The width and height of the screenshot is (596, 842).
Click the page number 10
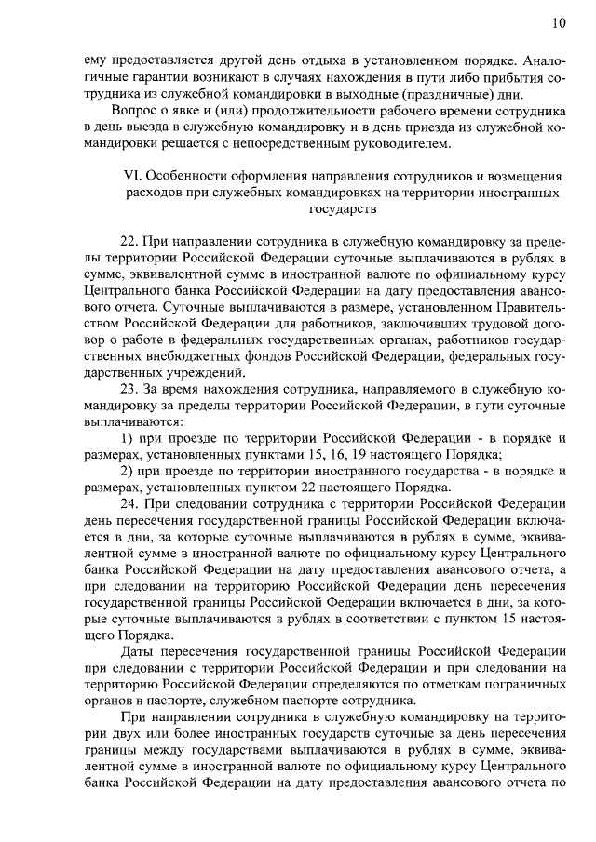click(557, 22)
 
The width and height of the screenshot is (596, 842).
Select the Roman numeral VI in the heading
click(133, 176)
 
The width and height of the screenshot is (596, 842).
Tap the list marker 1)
click(129, 437)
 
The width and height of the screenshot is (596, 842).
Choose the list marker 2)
click(129, 471)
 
